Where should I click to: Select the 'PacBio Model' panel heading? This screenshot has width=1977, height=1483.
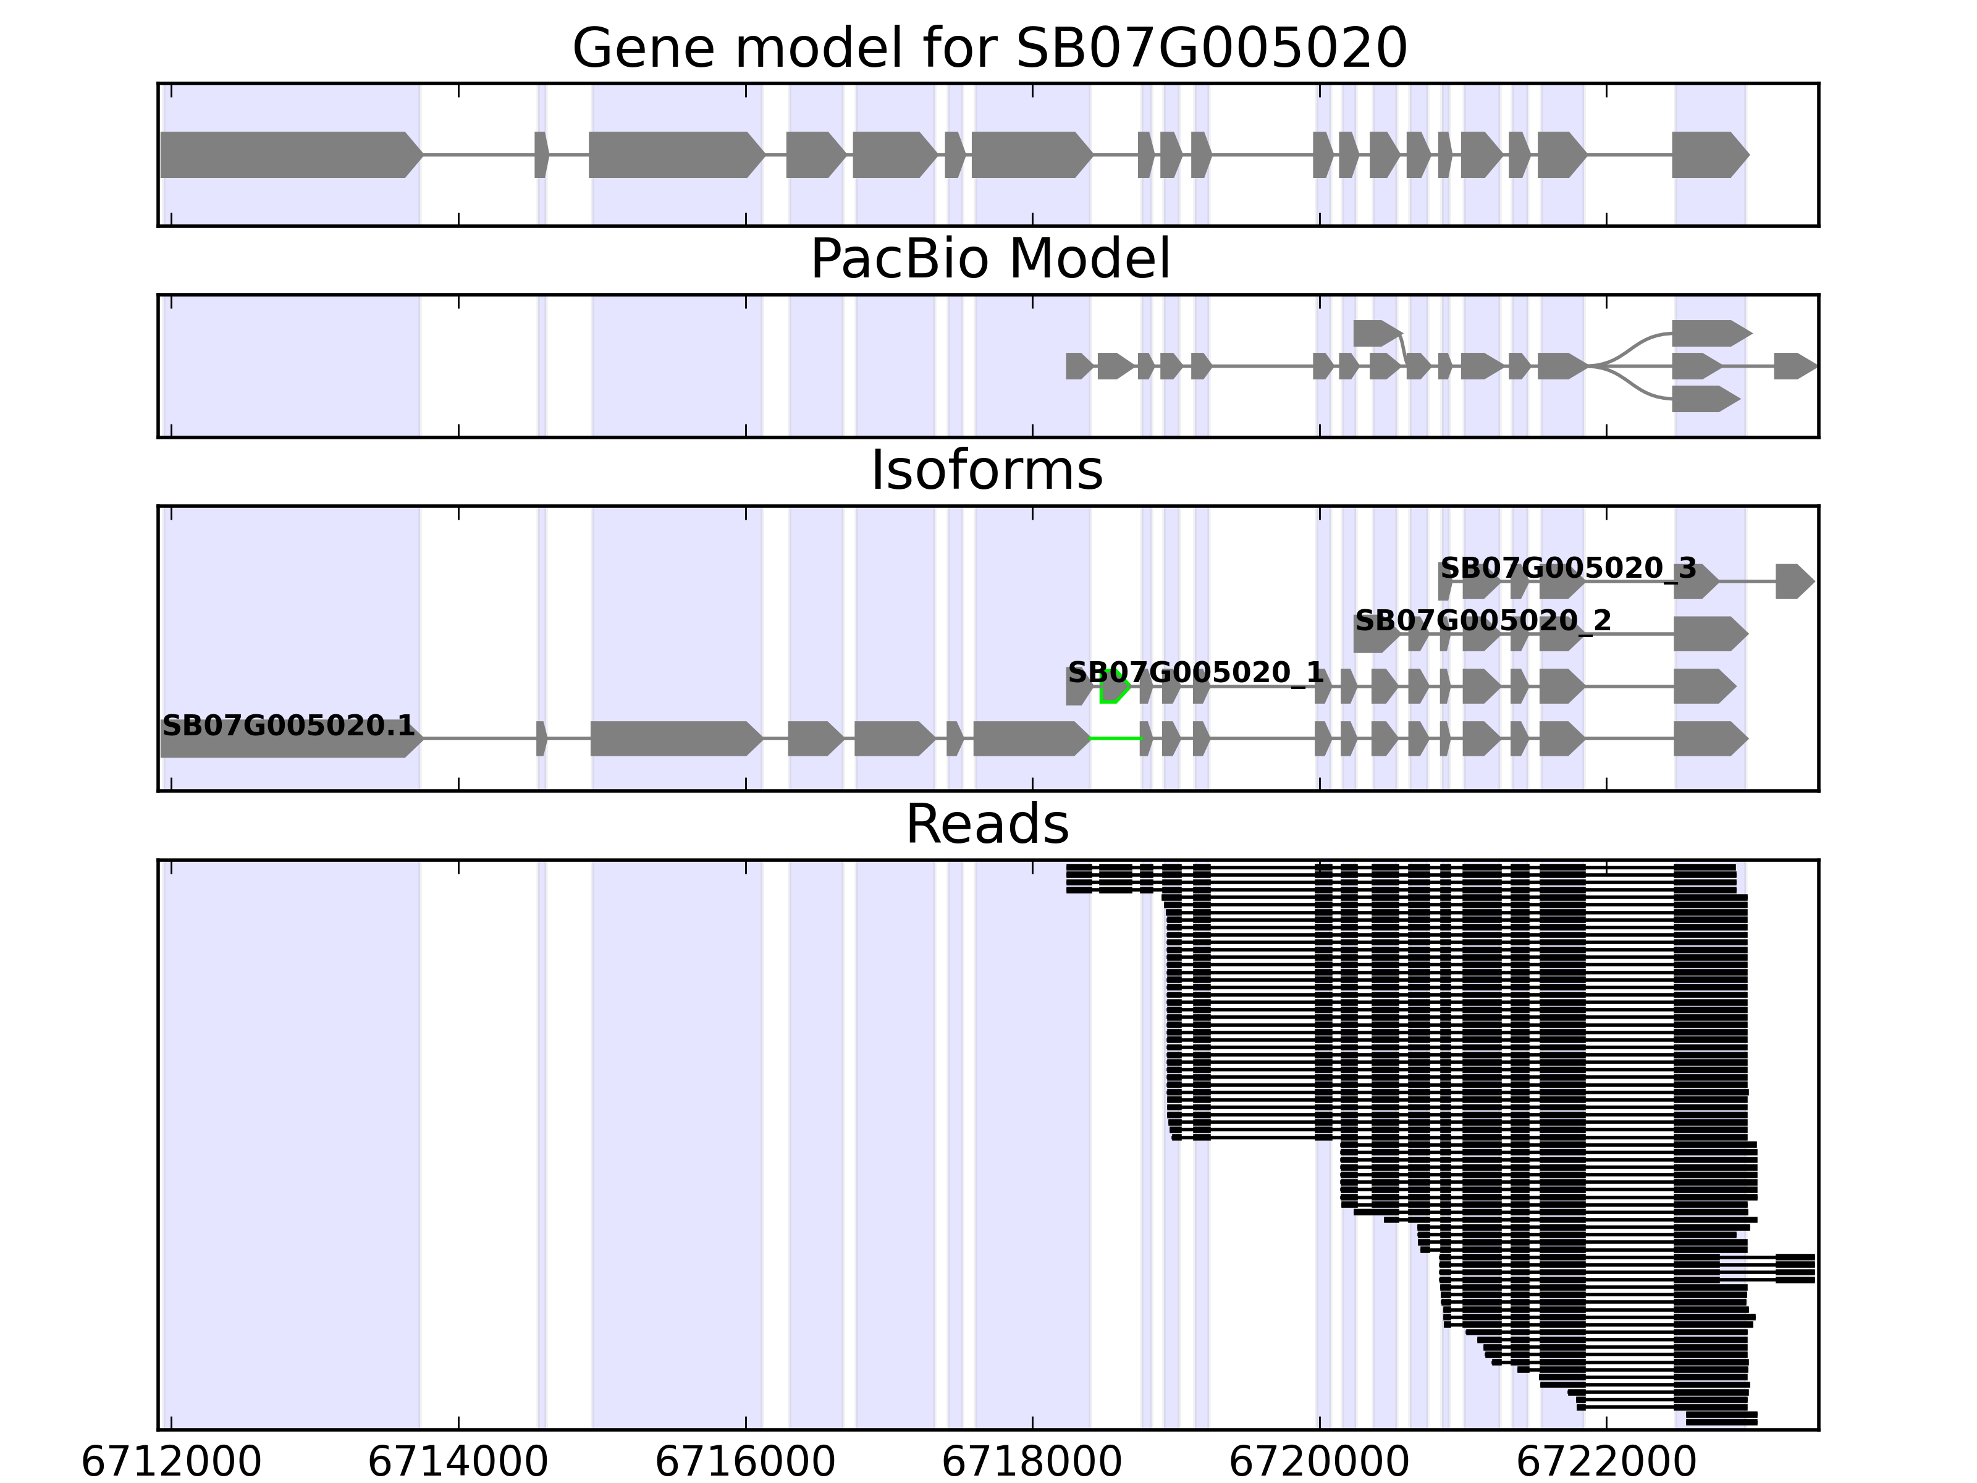[988, 260]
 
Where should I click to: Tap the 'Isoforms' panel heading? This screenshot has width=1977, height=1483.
[987, 471]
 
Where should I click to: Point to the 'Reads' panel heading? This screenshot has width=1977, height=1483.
[987, 824]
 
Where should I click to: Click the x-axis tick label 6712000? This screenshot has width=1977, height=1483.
[171, 1463]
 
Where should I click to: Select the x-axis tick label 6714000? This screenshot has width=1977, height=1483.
[458, 1463]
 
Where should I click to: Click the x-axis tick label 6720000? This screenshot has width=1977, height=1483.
[1318, 1463]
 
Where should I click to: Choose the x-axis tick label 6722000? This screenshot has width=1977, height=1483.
[1606, 1463]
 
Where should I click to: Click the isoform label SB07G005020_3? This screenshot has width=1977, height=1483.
[1567, 568]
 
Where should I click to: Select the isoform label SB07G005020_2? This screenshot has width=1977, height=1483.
[1483, 620]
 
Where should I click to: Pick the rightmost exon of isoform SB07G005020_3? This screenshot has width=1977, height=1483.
[1793, 581]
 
